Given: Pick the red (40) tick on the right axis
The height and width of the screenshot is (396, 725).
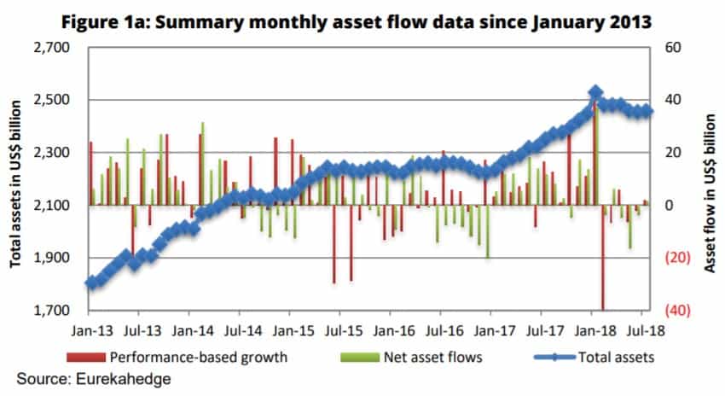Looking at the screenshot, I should click(x=666, y=312).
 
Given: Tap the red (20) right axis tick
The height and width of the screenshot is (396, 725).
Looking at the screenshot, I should click(x=666, y=259).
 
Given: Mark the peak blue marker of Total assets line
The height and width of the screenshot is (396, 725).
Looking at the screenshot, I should click(x=596, y=92).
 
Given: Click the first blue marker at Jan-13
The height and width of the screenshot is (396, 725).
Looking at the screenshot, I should click(x=90, y=283).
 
